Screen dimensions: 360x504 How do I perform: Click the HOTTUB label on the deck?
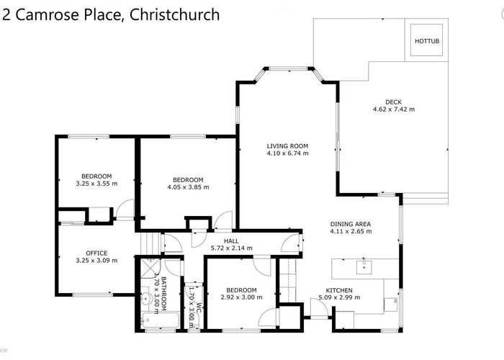tap(425, 41)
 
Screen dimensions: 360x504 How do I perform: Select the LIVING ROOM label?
tap(287, 146)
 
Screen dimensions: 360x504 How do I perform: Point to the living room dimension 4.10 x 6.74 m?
tap(287, 153)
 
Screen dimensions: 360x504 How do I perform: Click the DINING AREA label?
tap(351, 224)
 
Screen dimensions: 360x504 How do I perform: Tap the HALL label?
tap(231, 241)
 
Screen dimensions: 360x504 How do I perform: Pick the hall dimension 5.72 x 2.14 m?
tap(231, 248)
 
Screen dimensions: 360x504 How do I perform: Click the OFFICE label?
tap(96, 253)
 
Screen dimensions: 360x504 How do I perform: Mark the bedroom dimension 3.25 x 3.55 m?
tap(96, 184)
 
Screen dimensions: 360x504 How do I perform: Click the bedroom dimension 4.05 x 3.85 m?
tap(188, 187)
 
